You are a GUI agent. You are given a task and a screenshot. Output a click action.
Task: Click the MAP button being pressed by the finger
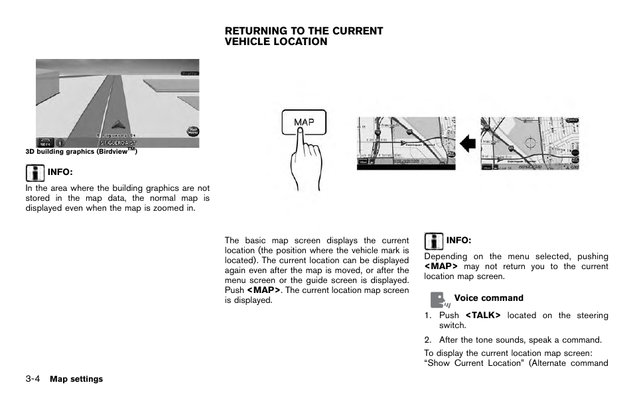(304, 122)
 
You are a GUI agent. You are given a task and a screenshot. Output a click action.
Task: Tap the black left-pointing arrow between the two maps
(468, 143)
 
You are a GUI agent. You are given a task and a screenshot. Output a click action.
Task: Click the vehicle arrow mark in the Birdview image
(117, 123)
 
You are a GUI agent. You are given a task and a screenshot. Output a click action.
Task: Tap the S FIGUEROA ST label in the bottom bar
(118, 143)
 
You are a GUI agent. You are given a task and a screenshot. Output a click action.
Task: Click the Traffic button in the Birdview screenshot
(189, 72)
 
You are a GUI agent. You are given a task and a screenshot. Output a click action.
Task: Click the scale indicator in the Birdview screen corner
(45, 142)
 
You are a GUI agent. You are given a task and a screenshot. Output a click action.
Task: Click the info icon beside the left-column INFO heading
(35, 174)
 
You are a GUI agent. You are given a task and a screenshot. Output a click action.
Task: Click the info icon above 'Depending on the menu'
(433, 241)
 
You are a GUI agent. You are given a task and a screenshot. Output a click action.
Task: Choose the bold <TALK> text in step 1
(482, 316)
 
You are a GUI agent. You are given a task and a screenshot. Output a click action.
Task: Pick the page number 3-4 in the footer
(33, 379)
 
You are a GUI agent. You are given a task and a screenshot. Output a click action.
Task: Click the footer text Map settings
(76, 379)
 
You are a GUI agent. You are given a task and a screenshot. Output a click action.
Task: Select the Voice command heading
(488, 298)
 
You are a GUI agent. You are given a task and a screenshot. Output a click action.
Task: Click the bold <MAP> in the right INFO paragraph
(441, 266)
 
